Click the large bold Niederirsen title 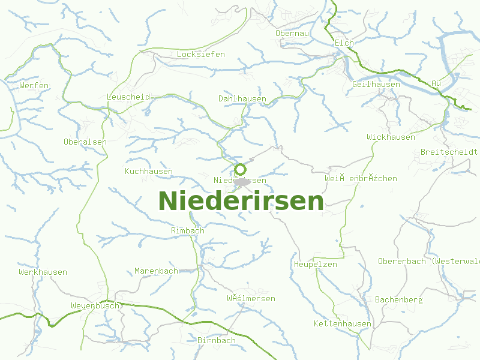tap(241, 201)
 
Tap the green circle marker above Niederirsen tap(240, 169)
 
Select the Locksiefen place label tap(201, 55)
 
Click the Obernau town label tap(292, 34)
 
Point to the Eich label tap(344, 43)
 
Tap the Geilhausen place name tap(376, 85)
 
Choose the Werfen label tap(34, 86)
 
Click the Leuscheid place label tap(128, 97)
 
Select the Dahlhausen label tap(242, 98)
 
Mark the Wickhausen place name tap(391, 137)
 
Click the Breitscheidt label tap(449, 152)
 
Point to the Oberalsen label tap(85, 142)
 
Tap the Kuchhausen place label tap(149, 172)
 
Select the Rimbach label tap(188, 231)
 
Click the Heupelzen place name tap(316, 265)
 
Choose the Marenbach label tap(156, 271)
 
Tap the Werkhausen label tap(43, 272)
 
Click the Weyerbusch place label tap(95, 306)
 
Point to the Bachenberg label tap(399, 299)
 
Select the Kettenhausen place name tap(343, 324)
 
